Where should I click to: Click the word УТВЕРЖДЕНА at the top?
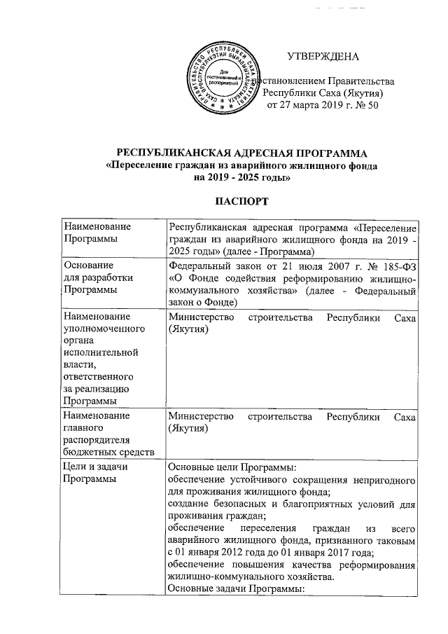[323, 55]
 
